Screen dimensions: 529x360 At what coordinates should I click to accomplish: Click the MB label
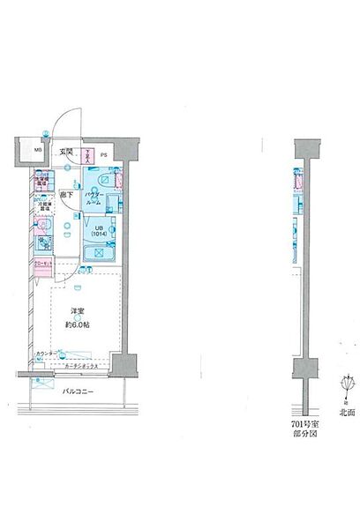[x=37, y=151]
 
